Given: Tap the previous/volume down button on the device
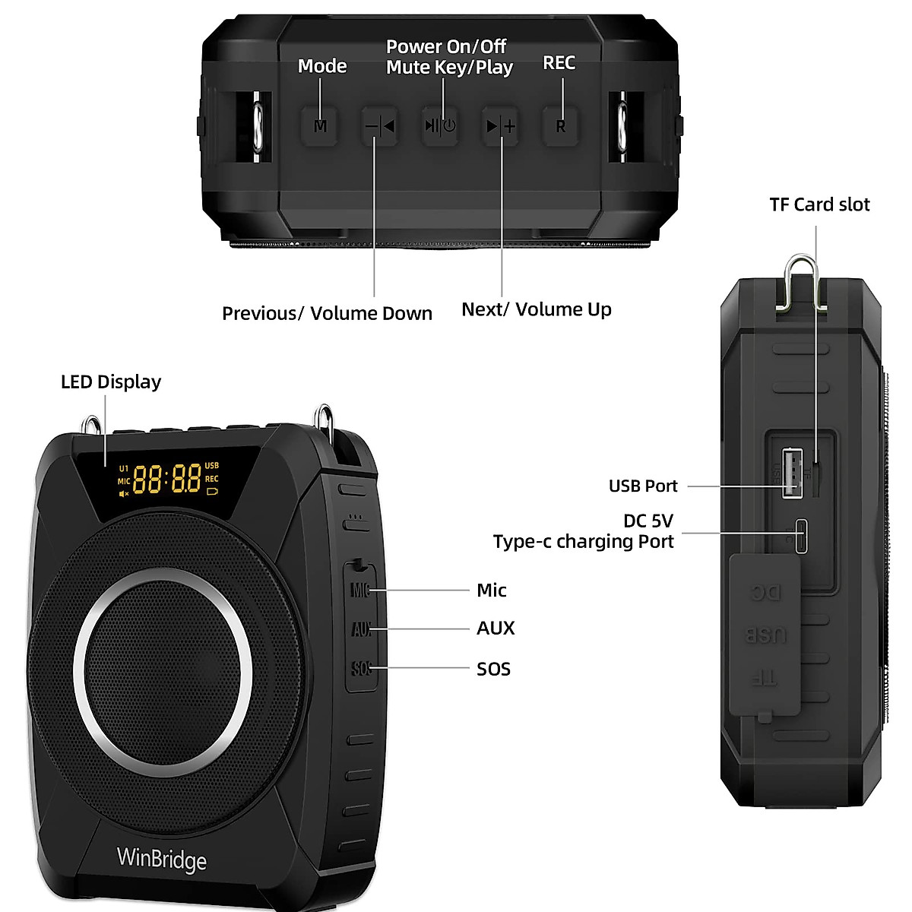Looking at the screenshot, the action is (379, 126).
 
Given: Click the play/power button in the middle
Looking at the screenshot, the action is (440, 125).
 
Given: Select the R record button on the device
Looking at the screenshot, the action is (560, 126).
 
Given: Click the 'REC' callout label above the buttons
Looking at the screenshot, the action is (559, 63).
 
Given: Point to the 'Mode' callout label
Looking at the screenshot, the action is (322, 66).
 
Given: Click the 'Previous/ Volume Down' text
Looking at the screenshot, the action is (327, 313).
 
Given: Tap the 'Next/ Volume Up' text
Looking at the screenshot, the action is (537, 309).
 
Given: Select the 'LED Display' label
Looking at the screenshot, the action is (111, 382).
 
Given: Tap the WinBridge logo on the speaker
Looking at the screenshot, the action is (162, 860).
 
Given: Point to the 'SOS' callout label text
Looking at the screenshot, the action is (493, 669).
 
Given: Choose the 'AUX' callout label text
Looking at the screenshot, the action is (496, 628).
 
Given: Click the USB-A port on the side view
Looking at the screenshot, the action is (792, 473).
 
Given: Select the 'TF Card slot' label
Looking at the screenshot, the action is (819, 204).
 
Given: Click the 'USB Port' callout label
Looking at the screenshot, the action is (643, 486).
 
